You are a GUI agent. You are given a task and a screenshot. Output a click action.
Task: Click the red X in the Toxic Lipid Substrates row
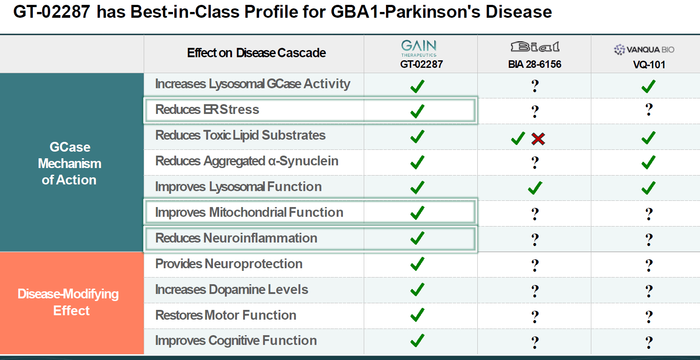point(538,139)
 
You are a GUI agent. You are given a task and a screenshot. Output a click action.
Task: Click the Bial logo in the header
point(535,47)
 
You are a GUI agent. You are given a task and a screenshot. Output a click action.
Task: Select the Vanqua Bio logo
point(644,50)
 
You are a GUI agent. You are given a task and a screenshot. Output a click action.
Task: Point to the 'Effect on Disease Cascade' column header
point(256,53)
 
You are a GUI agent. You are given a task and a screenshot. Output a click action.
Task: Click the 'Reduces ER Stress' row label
point(207,110)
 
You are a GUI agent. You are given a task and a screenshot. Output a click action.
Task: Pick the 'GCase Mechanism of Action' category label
point(70,164)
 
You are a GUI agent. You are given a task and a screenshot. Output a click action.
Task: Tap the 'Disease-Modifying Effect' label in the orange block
point(69,302)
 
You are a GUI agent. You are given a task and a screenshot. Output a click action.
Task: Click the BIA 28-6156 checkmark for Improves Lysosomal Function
point(535,188)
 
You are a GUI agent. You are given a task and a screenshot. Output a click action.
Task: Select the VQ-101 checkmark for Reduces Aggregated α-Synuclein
point(648,162)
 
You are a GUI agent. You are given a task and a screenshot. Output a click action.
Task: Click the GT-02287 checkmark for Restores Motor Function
point(417,315)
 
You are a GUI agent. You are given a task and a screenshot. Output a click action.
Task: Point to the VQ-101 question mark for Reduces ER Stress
point(649,110)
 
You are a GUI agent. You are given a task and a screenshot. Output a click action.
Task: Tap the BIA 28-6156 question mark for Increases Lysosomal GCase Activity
point(535,86)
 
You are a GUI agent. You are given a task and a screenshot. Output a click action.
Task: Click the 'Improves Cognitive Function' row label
point(236,340)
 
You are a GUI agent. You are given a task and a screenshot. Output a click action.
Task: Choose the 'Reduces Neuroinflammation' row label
point(236,238)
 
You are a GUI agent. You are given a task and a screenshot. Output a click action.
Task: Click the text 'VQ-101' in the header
point(649,65)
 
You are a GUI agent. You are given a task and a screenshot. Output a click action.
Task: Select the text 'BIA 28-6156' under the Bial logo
point(535,64)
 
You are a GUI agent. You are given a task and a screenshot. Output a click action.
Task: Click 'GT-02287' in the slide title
point(52,12)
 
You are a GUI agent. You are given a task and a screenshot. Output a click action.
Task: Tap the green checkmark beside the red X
point(518,139)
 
